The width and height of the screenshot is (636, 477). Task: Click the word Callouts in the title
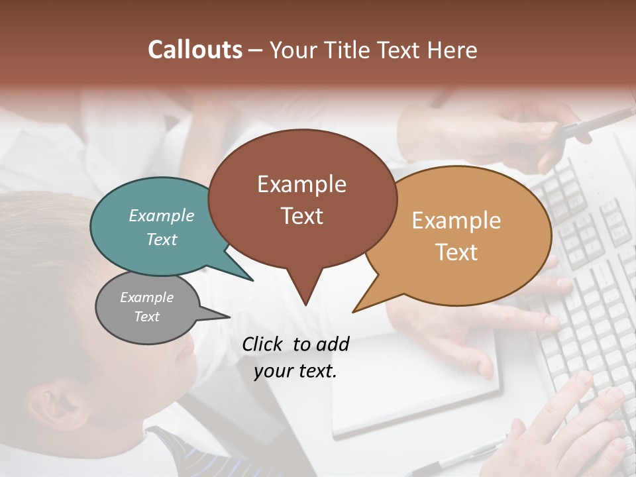pos(195,50)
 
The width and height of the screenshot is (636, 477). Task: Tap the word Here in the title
pos(452,50)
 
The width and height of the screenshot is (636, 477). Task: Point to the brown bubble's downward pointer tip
pos(305,304)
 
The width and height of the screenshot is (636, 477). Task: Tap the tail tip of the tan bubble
pos(354,311)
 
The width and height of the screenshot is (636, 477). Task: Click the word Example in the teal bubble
pos(162,215)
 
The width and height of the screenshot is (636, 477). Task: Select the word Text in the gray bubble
pos(147,317)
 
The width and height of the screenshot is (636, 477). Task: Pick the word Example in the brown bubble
pos(302,184)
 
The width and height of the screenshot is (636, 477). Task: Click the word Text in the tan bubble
pos(457,252)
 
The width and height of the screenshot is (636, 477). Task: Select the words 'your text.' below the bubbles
pos(295,371)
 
